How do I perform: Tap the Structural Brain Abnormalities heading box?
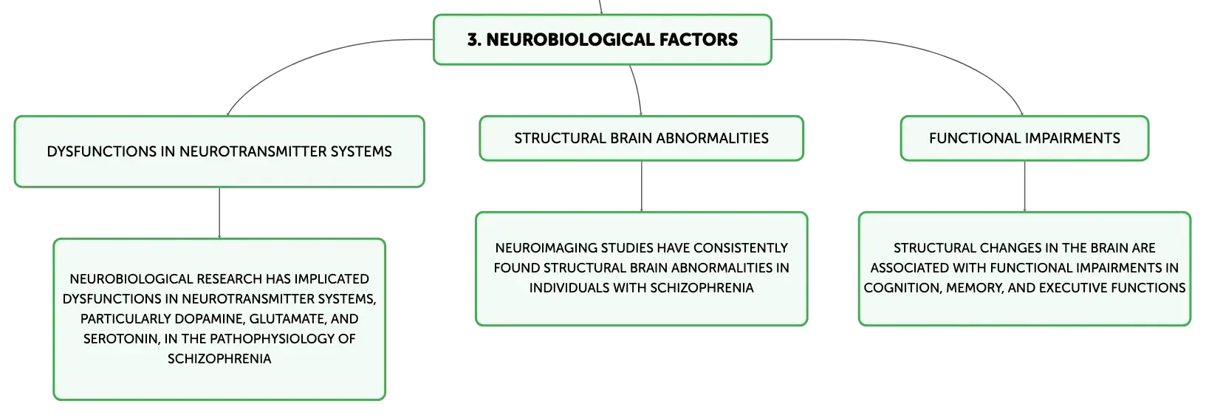point(641,138)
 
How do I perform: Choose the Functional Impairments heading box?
point(1024,138)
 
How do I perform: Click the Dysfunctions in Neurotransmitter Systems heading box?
point(219,152)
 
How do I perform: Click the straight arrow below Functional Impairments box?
point(1024,186)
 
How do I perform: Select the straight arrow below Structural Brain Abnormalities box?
point(641,186)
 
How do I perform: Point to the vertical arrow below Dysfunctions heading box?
point(219,213)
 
